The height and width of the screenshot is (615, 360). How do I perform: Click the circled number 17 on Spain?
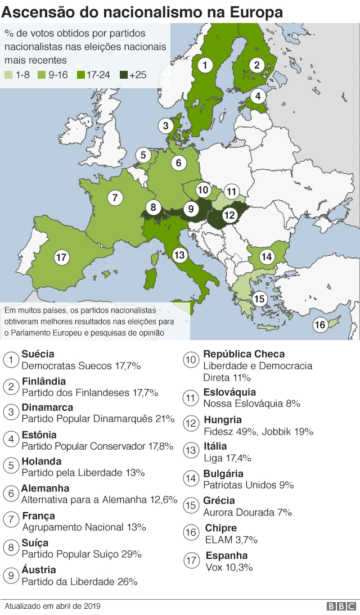(62, 258)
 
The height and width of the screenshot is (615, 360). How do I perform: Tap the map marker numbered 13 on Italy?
(179, 255)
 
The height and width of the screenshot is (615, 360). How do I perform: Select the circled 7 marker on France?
(115, 198)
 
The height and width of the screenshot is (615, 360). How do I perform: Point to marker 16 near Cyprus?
(319, 324)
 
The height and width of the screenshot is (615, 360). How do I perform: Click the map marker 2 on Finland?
(257, 65)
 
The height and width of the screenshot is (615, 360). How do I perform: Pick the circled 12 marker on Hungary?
(229, 215)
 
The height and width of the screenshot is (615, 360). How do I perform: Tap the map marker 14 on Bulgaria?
(267, 257)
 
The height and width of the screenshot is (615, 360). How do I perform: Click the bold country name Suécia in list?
(38, 354)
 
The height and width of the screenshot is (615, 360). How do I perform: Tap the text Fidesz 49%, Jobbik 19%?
(258, 432)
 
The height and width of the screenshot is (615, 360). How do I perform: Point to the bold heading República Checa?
(244, 354)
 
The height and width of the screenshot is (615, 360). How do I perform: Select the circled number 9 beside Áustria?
(11, 575)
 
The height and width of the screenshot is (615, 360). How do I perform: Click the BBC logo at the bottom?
(341, 607)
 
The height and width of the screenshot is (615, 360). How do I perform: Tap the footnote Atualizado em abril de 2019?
(52, 607)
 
